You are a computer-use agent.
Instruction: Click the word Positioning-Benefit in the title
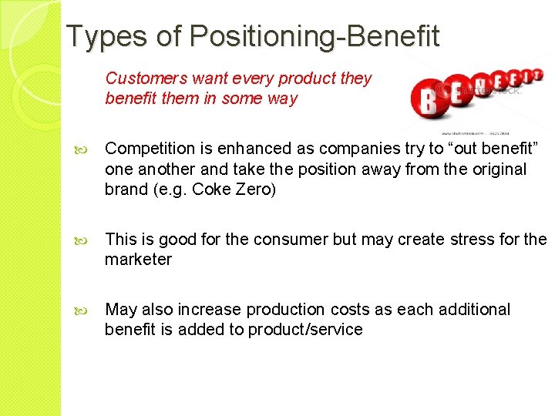314,35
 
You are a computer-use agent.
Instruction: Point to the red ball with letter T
536,75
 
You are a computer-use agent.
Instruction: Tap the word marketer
138,260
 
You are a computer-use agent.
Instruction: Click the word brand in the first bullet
126,190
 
